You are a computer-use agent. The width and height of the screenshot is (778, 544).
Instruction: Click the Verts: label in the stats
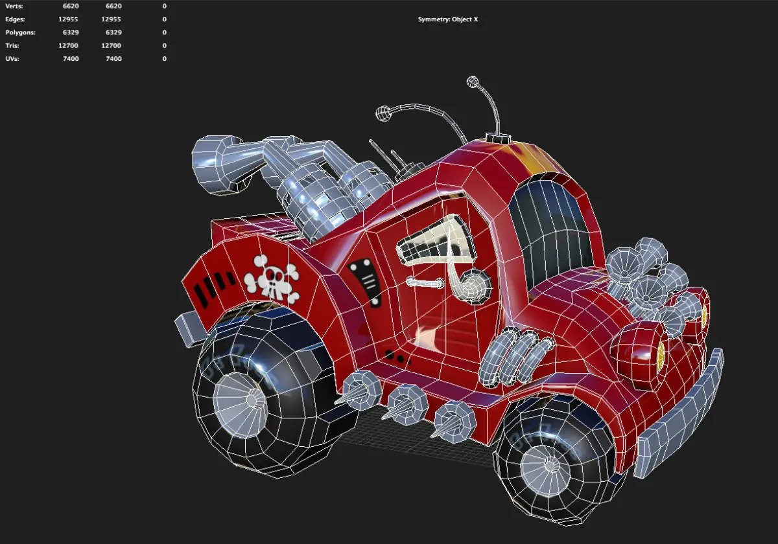pos(14,6)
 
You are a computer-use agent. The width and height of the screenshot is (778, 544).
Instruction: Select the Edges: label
pos(15,19)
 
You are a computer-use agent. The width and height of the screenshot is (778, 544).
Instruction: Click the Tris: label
pos(12,46)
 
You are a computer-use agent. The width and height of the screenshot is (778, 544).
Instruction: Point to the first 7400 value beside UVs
pos(71,59)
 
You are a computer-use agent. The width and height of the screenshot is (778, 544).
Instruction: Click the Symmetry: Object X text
pos(448,19)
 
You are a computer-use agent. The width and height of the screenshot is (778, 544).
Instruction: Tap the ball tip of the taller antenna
pos(473,82)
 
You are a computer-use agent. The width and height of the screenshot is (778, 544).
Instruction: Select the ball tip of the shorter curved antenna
pos(383,113)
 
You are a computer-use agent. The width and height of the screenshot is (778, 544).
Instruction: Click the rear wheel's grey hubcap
pos(241,404)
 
